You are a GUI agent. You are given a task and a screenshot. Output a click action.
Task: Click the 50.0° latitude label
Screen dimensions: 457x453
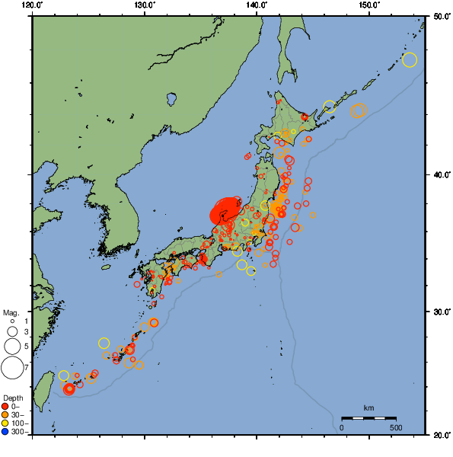(x=440, y=15)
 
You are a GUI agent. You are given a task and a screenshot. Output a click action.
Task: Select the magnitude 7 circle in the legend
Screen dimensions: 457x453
(x=11, y=368)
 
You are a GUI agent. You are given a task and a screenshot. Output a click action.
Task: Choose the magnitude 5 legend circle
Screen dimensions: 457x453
(x=11, y=347)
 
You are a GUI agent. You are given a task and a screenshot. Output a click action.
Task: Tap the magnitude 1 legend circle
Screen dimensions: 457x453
(x=11, y=321)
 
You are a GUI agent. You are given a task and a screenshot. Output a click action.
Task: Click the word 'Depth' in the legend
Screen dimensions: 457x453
(x=12, y=398)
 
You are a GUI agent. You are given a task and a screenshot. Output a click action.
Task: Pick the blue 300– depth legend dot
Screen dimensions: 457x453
(x=5, y=432)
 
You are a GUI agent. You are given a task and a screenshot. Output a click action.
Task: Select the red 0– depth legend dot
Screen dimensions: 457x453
(x=5, y=406)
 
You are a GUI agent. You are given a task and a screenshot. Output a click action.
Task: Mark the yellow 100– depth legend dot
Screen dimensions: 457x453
(x=5, y=423)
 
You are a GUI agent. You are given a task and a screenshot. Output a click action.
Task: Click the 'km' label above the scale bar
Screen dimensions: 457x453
(x=368, y=408)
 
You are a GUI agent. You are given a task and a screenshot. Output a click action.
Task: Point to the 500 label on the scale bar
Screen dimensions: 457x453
(x=396, y=427)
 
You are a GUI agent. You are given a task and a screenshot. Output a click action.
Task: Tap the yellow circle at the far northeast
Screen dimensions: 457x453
(x=410, y=60)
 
